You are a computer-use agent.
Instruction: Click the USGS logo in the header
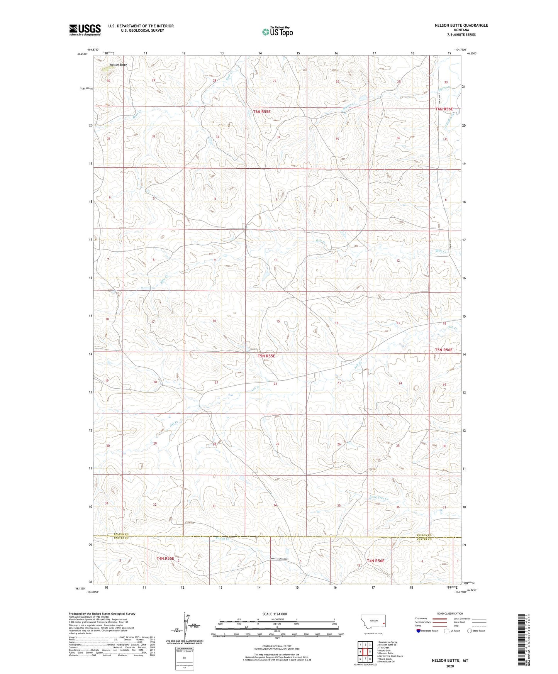point(85,30)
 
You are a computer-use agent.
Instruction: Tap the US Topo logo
point(277,32)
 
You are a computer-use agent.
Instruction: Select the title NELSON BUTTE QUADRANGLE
point(456,25)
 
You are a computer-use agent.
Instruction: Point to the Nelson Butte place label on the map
point(118,65)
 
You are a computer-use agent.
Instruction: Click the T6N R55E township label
point(262,112)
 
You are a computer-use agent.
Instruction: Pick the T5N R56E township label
point(444,350)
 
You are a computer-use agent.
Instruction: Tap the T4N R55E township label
point(165,558)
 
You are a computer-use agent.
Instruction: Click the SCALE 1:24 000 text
point(276,614)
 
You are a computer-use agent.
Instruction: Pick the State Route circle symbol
point(470,631)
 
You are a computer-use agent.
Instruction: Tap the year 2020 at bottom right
point(450,666)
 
